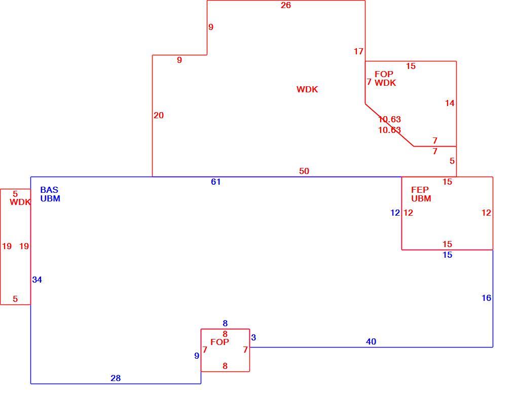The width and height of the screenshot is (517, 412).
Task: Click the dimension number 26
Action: pos(286,5)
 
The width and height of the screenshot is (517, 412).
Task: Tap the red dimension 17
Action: pos(358,52)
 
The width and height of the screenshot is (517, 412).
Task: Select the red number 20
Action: pos(159,116)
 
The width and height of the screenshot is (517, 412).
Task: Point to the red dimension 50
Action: pos(304,171)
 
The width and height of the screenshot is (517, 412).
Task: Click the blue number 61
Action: pos(215,182)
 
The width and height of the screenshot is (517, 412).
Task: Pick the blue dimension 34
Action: pos(37,280)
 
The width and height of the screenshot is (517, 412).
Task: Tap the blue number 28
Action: pos(116,379)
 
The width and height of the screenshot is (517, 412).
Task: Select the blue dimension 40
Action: pos(371,342)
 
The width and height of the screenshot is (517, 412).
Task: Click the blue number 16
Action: pos(487,298)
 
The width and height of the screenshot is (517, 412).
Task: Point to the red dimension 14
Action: pos(450,104)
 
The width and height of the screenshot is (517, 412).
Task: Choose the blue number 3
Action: pos(253,338)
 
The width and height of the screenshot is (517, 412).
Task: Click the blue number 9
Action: pos(197,356)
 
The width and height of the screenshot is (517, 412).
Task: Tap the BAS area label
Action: pos(49,190)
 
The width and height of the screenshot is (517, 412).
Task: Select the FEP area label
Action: pos(420,190)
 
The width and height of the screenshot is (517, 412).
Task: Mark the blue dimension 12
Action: pos(395,213)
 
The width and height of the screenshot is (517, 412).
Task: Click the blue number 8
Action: pos(225,324)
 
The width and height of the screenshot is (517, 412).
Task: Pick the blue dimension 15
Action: pos(448,255)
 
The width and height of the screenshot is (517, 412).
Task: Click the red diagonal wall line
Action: pos(389,125)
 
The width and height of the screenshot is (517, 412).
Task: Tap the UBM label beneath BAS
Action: pos(50,199)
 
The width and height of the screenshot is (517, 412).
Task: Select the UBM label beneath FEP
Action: pos(421,199)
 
